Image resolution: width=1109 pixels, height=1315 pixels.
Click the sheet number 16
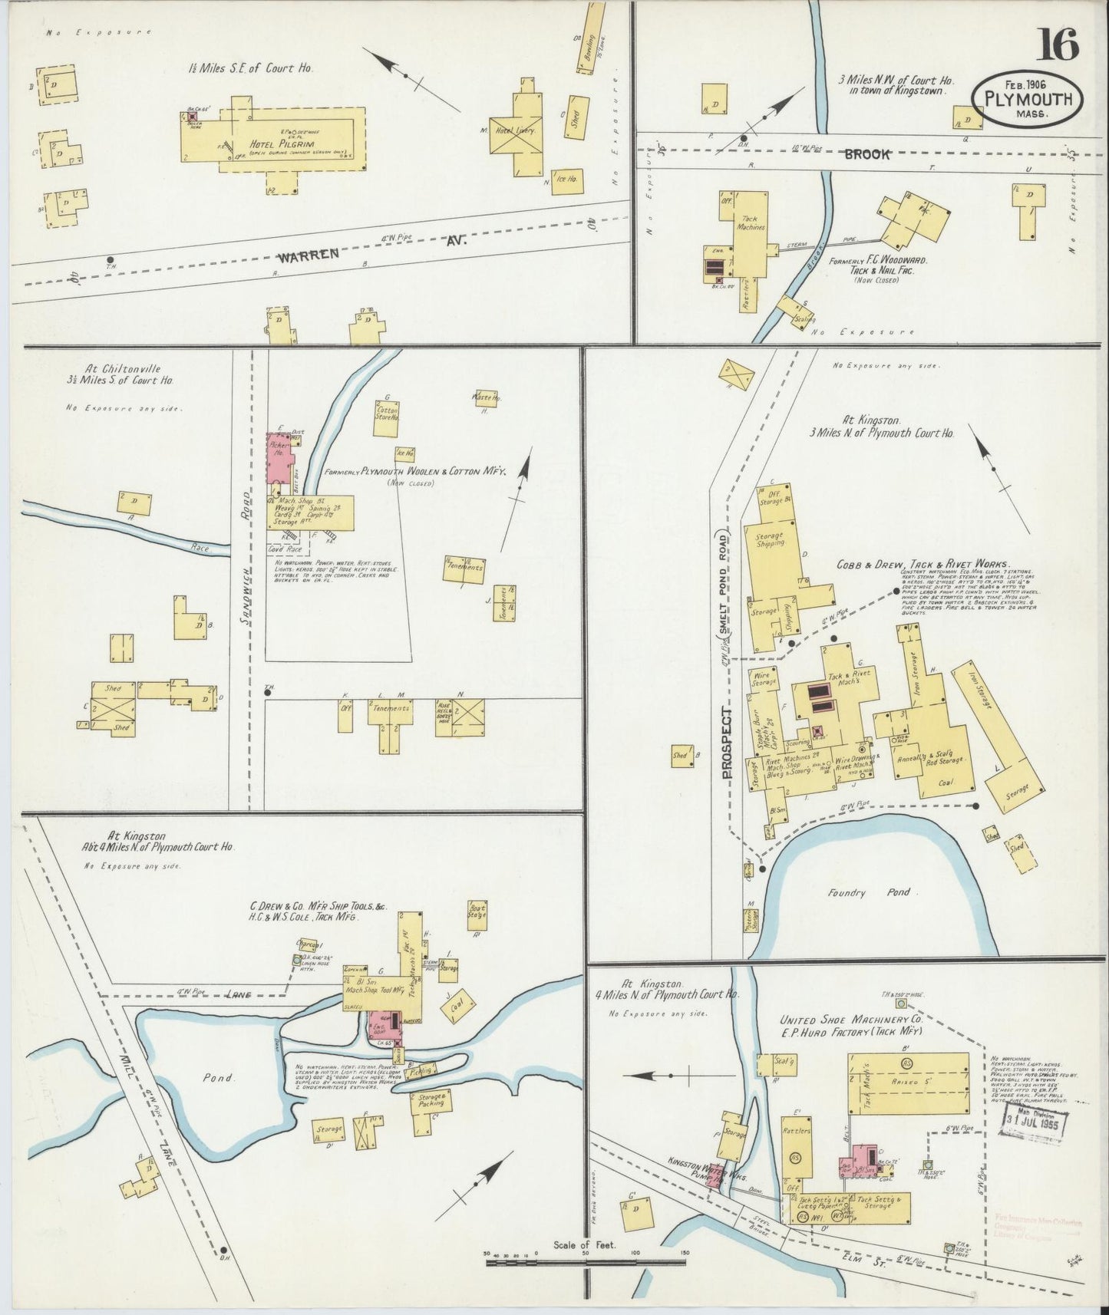1058,44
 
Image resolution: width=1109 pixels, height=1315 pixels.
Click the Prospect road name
728,743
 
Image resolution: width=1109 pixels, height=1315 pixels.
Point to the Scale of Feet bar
586,1255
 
